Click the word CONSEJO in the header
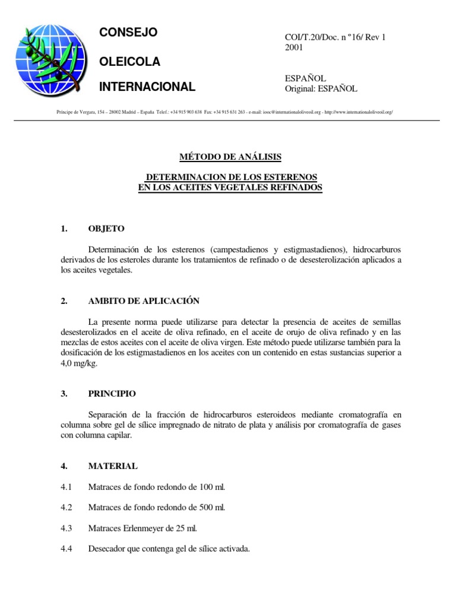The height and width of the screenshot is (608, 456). tap(128, 33)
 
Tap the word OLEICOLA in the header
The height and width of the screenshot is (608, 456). tap(129, 61)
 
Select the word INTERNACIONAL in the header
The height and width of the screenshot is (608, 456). tap(147, 87)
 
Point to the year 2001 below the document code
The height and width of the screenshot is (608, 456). tap(294, 47)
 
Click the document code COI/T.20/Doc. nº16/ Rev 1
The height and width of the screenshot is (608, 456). tap(335, 37)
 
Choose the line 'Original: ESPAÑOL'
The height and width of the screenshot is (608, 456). tap(321, 88)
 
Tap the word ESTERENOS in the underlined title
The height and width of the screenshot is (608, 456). tap(287, 178)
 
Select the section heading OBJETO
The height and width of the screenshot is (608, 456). tap(106, 229)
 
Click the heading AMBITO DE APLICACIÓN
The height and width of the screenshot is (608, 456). tap(144, 301)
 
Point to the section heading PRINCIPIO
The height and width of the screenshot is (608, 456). tap(112, 393)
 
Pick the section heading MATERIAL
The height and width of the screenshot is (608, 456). tap(113, 466)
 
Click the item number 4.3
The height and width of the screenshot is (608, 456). tap(66, 528)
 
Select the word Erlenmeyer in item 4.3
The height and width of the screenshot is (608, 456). tap(151, 528)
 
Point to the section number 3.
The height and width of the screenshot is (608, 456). tap(64, 393)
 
